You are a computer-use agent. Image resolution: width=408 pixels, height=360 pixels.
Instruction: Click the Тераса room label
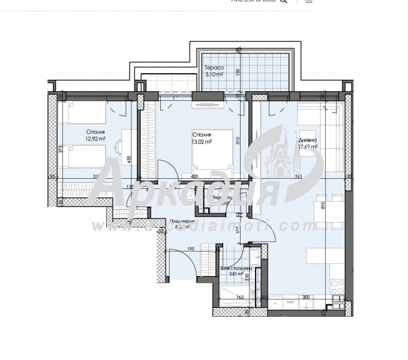[x=214, y=68]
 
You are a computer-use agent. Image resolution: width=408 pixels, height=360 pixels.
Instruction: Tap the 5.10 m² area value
[x=214, y=75]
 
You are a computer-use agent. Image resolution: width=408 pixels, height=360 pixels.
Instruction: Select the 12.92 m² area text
[x=95, y=139]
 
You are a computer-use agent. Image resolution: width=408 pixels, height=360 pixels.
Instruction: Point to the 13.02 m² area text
[x=202, y=142]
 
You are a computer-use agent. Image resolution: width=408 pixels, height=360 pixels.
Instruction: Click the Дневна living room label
[x=311, y=141]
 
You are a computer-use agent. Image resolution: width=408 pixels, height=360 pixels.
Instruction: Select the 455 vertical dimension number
[x=129, y=160]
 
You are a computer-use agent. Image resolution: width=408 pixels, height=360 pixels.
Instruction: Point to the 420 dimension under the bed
[x=194, y=176]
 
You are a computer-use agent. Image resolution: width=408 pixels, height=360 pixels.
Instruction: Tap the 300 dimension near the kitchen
[x=305, y=296]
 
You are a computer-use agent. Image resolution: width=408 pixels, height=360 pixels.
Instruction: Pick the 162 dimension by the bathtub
[x=240, y=296]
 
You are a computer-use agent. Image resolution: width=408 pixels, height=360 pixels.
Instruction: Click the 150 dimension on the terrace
[x=238, y=71]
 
